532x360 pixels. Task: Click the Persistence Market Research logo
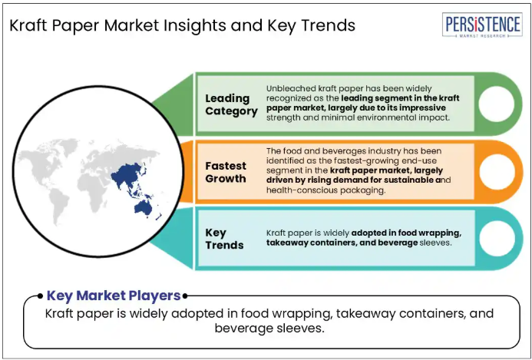482,25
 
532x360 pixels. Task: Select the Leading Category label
231,104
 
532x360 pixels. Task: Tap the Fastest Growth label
226,172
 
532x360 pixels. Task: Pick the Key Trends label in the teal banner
224,239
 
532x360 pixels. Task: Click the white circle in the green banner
497,104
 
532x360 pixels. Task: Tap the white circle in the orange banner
497,172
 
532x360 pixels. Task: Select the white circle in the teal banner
497,239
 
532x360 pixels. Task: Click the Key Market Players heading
114,296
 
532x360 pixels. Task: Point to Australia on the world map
143,208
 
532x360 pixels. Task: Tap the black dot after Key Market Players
185,296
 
